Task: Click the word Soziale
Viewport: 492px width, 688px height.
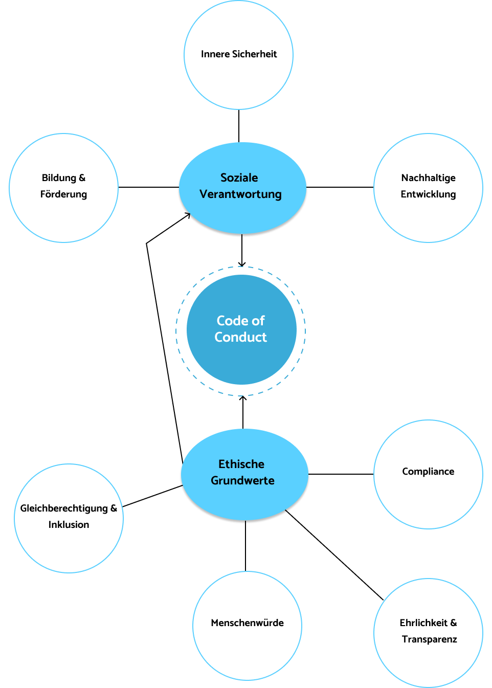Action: tap(239, 177)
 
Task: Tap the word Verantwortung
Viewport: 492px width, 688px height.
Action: tap(240, 194)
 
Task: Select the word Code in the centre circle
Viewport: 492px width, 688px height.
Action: tap(232, 321)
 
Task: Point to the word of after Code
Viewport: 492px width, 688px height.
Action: tap(258, 321)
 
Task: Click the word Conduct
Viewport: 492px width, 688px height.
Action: tap(240, 337)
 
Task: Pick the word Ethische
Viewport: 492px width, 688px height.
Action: tap(241, 464)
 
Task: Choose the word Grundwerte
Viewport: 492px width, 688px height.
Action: tap(242, 480)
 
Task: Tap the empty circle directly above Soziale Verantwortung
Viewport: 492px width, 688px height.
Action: tap(238, 55)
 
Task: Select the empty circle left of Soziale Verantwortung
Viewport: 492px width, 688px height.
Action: tap(63, 188)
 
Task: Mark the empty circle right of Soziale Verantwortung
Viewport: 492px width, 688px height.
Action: tap(428, 188)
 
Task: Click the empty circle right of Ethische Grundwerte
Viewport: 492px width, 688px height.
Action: tap(428, 474)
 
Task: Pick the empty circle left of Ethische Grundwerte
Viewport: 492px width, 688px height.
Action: tap(69, 518)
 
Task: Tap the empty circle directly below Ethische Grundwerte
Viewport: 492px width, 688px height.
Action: tap(247, 626)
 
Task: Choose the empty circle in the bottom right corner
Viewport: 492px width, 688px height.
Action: tap(428, 633)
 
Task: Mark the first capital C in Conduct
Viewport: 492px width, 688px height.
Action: tap(219, 337)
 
